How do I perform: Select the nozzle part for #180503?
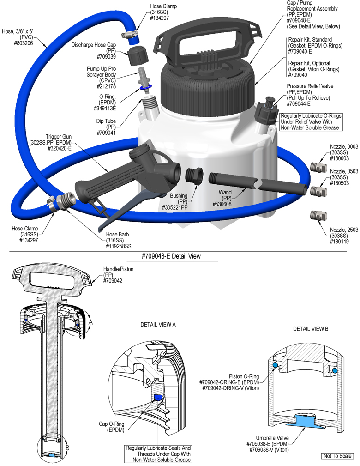pyautogui.click(x=316, y=190)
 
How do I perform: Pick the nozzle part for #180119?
pyautogui.click(x=316, y=215)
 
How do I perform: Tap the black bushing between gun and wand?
pyautogui.click(x=194, y=176)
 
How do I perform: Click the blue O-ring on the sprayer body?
pyautogui.click(x=145, y=87)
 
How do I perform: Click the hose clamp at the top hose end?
pyautogui.click(x=131, y=34)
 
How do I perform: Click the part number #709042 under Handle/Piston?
pyautogui.click(x=113, y=281)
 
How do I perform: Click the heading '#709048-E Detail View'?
pyautogui.click(x=171, y=256)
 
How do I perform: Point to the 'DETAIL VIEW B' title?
pyautogui.click(x=311, y=328)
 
